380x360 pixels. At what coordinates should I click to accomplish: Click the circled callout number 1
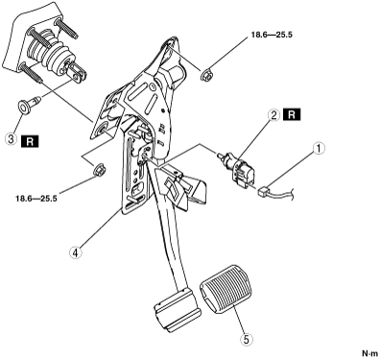pyautogui.click(x=319, y=149)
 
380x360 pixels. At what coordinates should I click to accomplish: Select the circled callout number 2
pyautogui.click(x=273, y=115)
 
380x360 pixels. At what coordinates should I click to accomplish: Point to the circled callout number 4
pyautogui.click(x=75, y=252)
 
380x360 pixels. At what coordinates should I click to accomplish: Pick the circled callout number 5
pyautogui.click(x=246, y=340)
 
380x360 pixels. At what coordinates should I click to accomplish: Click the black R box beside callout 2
pyautogui.click(x=292, y=114)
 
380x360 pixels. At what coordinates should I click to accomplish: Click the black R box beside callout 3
pyautogui.click(x=30, y=141)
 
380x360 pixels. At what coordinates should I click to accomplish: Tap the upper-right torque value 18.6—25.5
pyautogui.click(x=272, y=35)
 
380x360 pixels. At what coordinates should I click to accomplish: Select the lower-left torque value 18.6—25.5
pyautogui.click(x=36, y=199)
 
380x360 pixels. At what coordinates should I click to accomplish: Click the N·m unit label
pyautogui.click(x=370, y=353)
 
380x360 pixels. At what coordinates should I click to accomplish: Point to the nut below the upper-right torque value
pyautogui.click(x=206, y=76)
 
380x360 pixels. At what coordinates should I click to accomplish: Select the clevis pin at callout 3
pyautogui.click(x=28, y=103)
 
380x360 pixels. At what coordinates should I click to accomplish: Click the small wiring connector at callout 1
pyautogui.click(x=264, y=192)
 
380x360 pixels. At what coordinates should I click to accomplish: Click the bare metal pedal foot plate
pyautogui.click(x=177, y=310)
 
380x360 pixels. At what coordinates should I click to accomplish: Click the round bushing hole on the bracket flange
pyautogui.click(x=104, y=131)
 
